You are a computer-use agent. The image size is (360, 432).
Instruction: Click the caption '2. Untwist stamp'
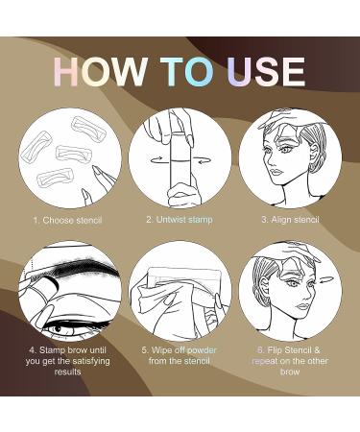pyautogui.click(x=180, y=220)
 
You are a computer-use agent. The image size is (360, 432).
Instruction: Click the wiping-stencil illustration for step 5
pyautogui.click(x=180, y=292)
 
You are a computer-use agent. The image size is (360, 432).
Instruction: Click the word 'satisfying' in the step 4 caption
pyautogui.click(x=83, y=359)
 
